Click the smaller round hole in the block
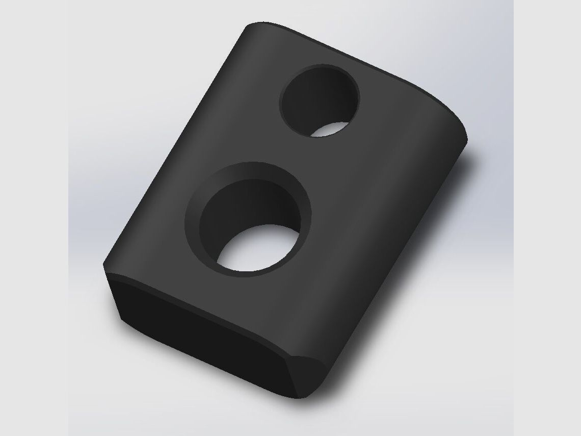point(320,100)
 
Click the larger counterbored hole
point(249,219)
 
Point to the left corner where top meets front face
point(105,265)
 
